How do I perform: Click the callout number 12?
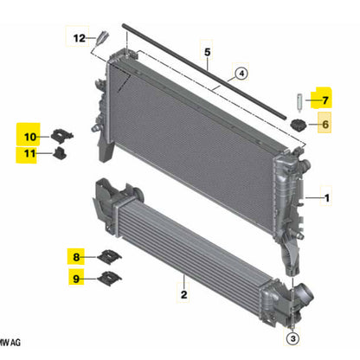(x=79, y=38)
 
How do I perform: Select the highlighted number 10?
(x=29, y=136)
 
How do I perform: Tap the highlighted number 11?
(x=29, y=155)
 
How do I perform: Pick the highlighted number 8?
(x=77, y=257)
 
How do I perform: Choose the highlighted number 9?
(x=77, y=278)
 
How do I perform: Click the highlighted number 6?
(x=325, y=125)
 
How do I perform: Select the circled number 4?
(x=241, y=75)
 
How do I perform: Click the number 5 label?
(x=208, y=52)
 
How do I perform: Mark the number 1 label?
(x=327, y=199)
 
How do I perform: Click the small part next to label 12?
(x=103, y=39)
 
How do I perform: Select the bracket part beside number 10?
(x=61, y=134)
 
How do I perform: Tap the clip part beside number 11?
(x=60, y=155)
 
